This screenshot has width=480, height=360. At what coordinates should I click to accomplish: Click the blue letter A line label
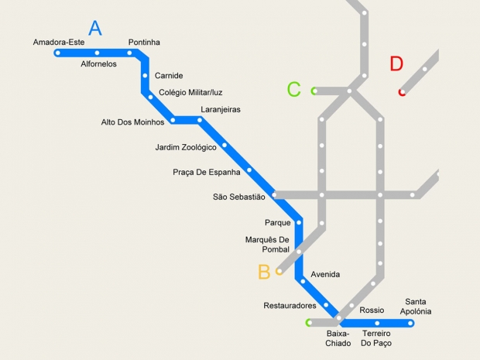[x=95, y=29]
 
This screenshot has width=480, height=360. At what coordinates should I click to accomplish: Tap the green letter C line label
[x=293, y=90]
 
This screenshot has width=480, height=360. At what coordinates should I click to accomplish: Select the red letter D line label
[x=396, y=64]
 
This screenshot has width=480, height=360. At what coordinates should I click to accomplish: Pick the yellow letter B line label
[x=264, y=272]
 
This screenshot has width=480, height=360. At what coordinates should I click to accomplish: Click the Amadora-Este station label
[x=58, y=42]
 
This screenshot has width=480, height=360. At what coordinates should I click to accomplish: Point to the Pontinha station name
[x=144, y=42]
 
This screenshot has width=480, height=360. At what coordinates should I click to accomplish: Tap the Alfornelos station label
[x=98, y=64]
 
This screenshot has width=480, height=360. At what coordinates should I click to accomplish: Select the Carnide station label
[x=169, y=76]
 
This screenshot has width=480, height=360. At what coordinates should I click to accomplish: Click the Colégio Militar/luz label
[x=190, y=93]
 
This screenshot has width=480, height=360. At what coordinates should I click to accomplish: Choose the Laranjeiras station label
[x=220, y=110]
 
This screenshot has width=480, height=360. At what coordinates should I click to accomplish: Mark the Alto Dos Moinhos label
[x=132, y=122]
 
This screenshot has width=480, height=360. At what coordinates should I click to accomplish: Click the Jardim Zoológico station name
[x=186, y=147]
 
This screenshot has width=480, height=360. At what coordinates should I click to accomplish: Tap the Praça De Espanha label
[x=207, y=172]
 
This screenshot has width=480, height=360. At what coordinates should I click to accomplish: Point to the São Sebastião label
[x=238, y=197]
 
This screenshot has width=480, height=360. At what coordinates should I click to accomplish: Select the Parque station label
[x=277, y=223]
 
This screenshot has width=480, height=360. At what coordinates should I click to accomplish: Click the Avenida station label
[x=325, y=274]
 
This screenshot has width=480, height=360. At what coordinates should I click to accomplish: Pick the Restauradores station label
[x=290, y=306]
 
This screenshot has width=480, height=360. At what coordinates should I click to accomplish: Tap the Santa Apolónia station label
[x=416, y=307]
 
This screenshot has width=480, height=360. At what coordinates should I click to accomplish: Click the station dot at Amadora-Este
[x=58, y=53]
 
